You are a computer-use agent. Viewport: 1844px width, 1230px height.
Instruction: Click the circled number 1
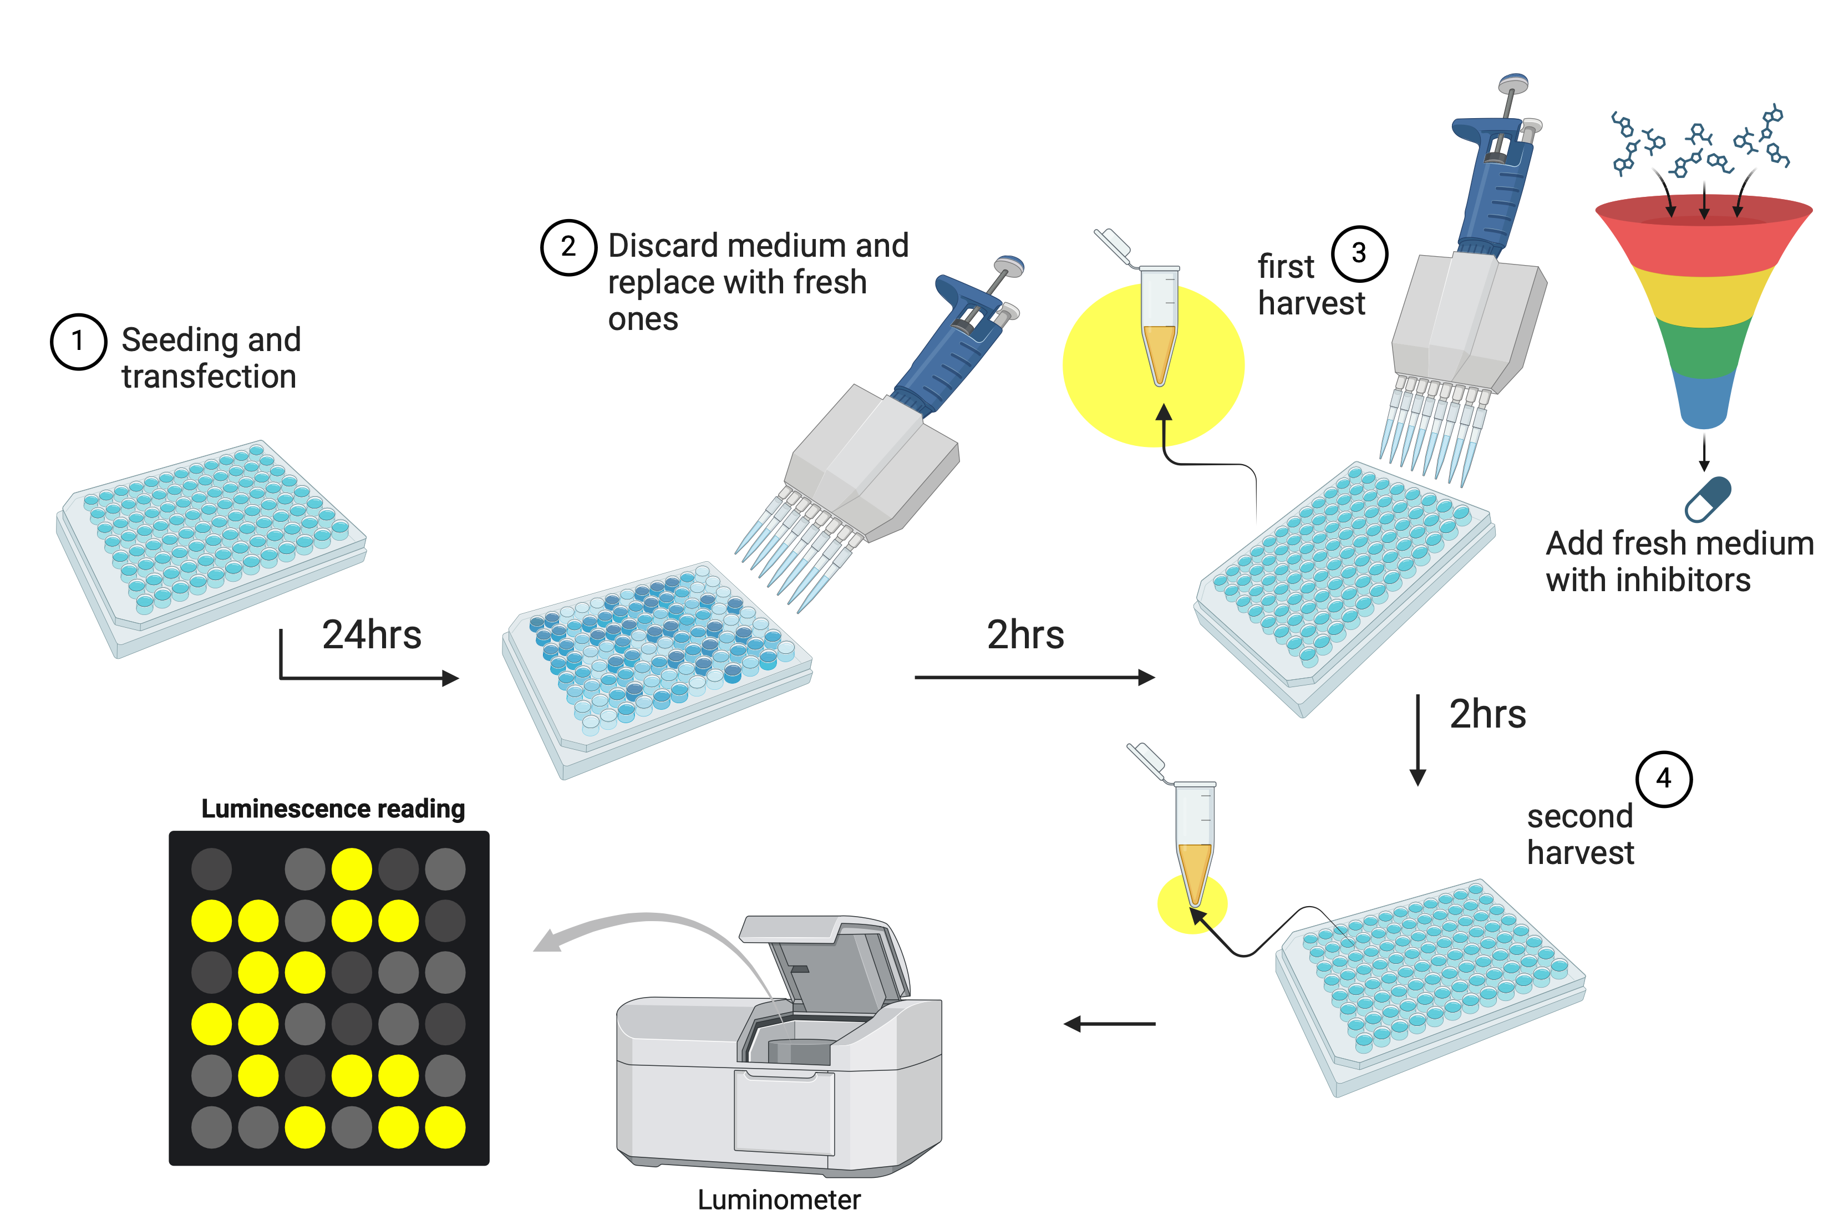click(x=78, y=341)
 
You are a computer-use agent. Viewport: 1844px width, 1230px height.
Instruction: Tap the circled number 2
click(x=568, y=247)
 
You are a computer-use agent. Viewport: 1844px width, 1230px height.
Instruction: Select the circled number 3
click(x=1359, y=253)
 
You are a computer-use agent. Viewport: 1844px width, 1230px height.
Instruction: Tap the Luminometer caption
click(x=778, y=1199)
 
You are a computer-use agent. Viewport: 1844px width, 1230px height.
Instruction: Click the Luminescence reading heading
click(x=333, y=808)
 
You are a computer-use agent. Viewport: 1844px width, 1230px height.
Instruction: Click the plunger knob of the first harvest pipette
click(x=1512, y=83)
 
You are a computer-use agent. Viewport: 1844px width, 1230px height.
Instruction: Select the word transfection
click(x=209, y=377)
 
